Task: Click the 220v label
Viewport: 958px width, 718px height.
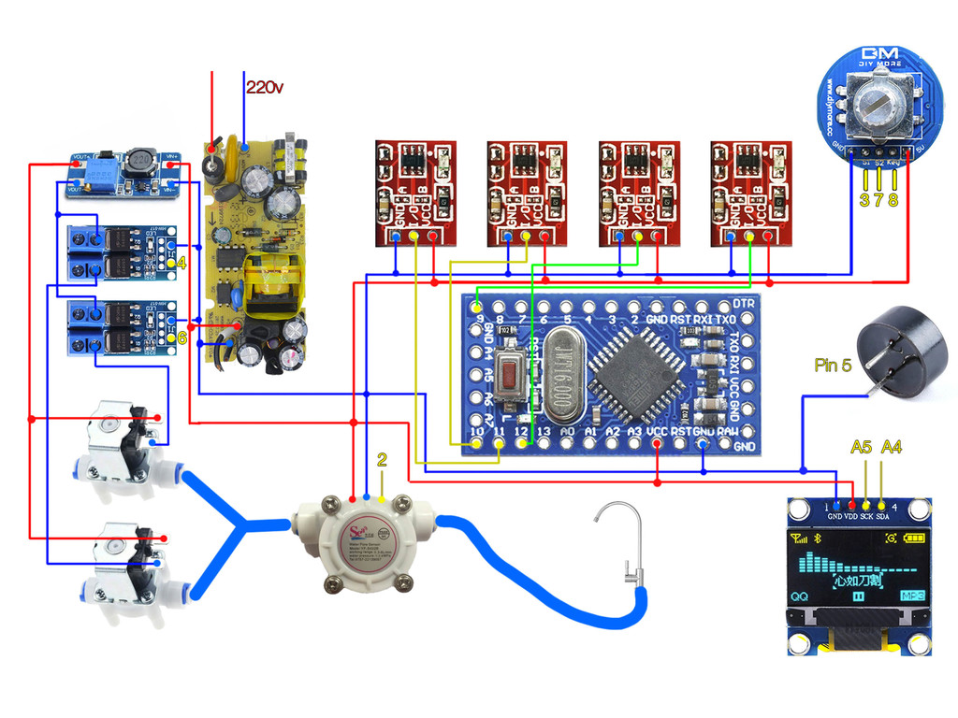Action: (x=265, y=87)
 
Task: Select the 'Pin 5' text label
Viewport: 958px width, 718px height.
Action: (x=833, y=366)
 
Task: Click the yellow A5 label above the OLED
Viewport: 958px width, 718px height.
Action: (x=861, y=448)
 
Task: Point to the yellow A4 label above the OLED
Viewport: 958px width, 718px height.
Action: (x=892, y=448)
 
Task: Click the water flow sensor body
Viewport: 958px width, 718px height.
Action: (x=365, y=542)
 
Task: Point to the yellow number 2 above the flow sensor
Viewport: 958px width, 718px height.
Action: (x=382, y=459)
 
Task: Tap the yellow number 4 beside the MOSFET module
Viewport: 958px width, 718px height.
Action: (x=181, y=264)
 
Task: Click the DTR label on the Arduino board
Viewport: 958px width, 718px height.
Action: (x=744, y=304)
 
